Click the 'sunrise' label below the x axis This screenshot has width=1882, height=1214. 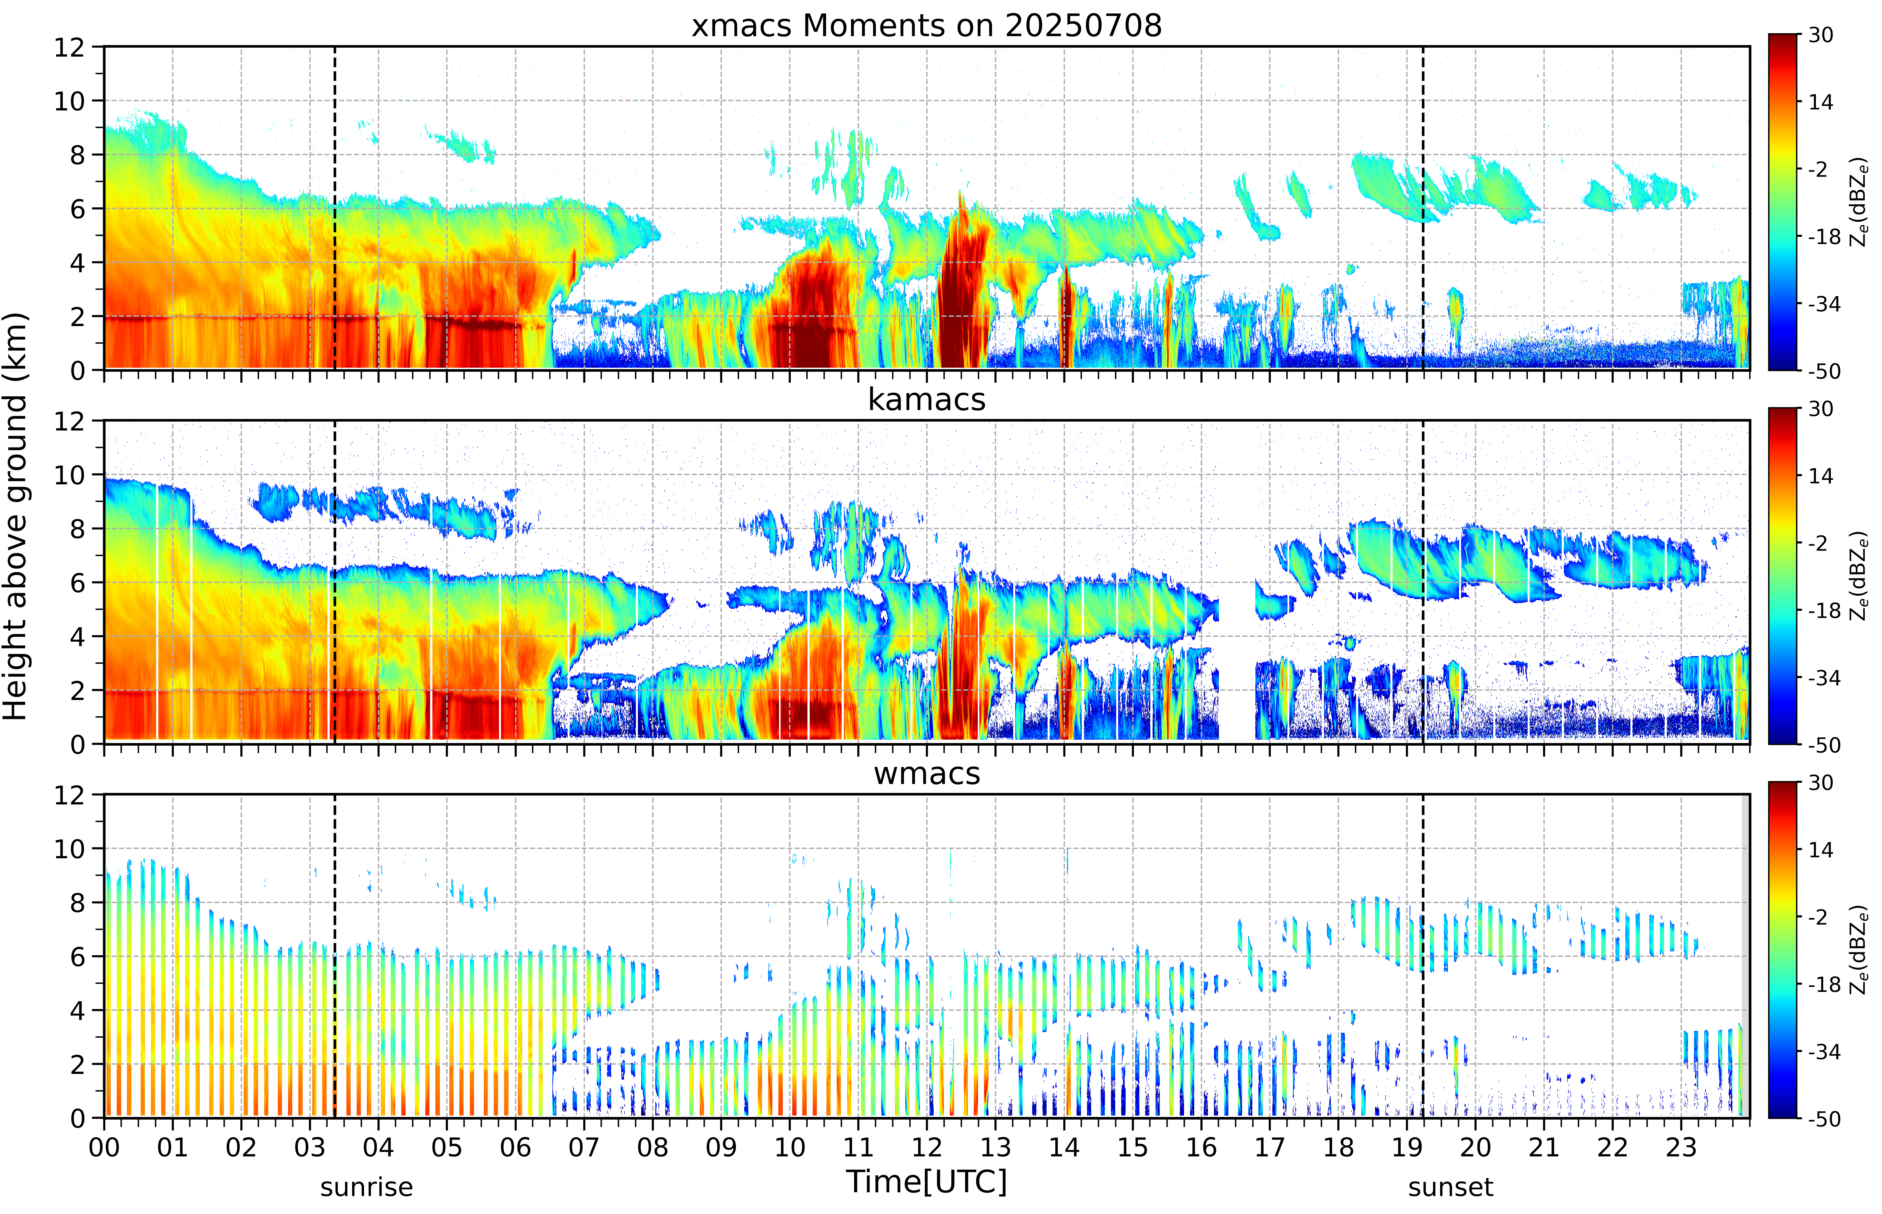(x=367, y=1186)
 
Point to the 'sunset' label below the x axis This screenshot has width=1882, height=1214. (x=1451, y=1186)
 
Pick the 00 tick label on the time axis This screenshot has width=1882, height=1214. (x=104, y=1147)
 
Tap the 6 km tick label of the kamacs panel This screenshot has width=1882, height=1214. (x=77, y=583)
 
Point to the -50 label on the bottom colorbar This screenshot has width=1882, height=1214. (x=1824, y=1119)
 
